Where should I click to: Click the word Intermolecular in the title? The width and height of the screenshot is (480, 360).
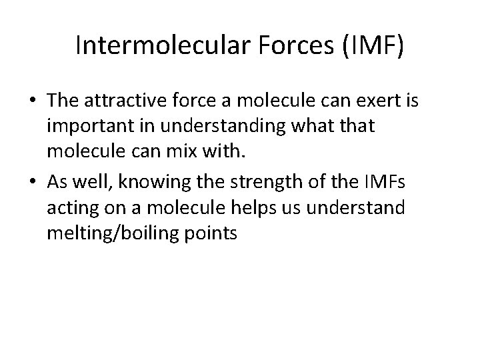153,47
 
